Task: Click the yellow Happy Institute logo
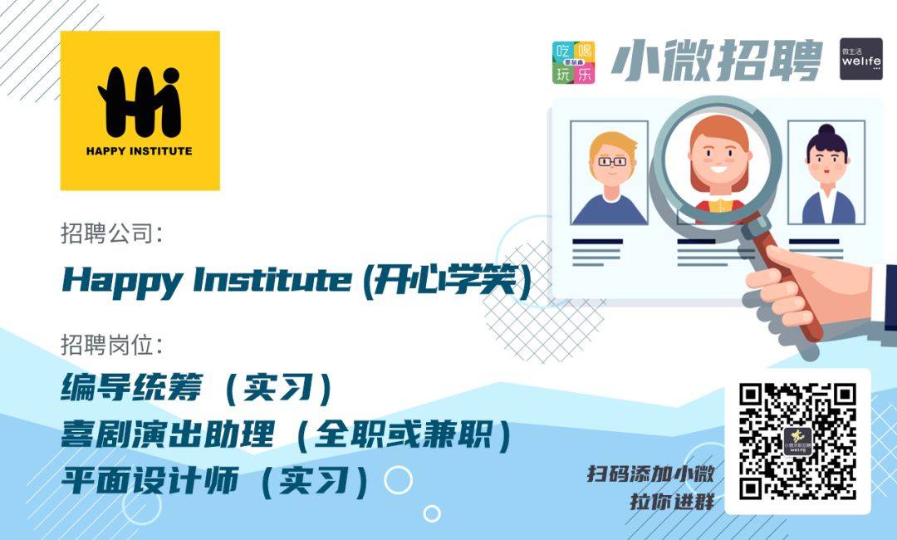[140, 110]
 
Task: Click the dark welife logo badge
[861, 59]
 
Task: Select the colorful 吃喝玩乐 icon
[573, 62]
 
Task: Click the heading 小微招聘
[717, 60]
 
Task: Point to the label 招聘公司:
[112, 234]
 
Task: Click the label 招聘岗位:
[112, 346]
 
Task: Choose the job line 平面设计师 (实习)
[215, 480]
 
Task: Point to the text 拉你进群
[673, 502]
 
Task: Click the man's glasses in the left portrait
[612, 162]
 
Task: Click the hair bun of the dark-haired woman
[826, 130]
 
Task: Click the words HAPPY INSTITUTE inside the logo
[139, 151]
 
